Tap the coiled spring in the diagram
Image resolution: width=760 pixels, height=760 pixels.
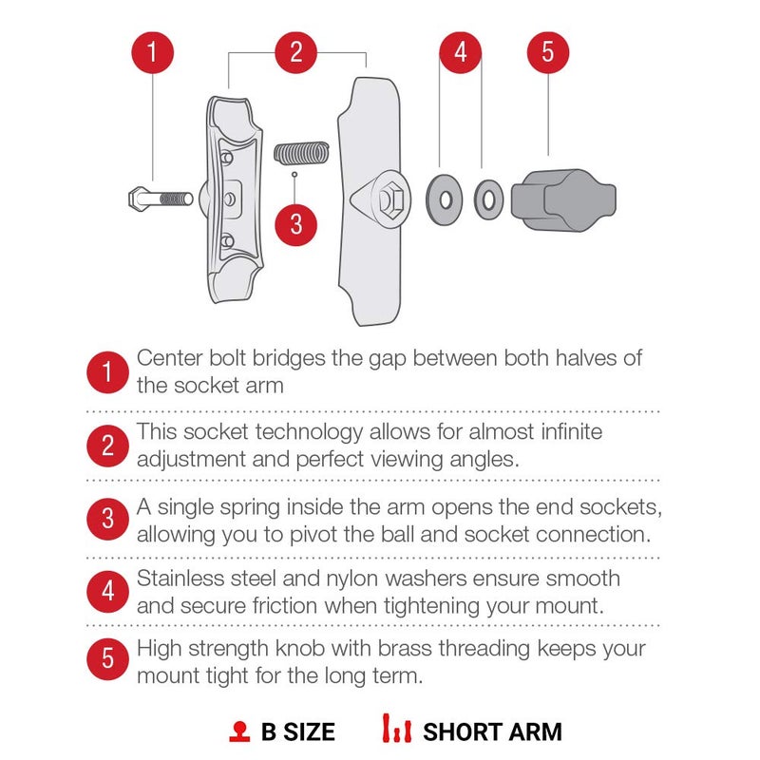tap(301, 152)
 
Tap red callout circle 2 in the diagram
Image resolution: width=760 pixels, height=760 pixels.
tap(296, 51)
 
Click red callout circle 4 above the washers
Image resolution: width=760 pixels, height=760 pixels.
tap(461, 51)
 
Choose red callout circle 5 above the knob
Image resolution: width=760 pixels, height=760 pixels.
tap(547, 51)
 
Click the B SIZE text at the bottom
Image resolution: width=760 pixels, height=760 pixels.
tap(297, 731)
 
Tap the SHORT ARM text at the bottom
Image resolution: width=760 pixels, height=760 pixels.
tap(492, 731)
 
